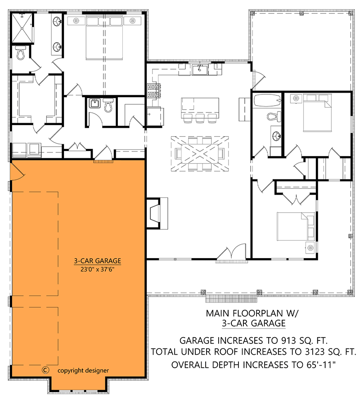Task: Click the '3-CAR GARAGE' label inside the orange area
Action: tap(98, 260)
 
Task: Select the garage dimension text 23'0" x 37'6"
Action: tap(98, 269)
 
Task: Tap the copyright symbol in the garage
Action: tap(45, 370)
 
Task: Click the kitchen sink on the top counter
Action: tap(199, 69)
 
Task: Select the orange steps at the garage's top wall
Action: tap(103, 160)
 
